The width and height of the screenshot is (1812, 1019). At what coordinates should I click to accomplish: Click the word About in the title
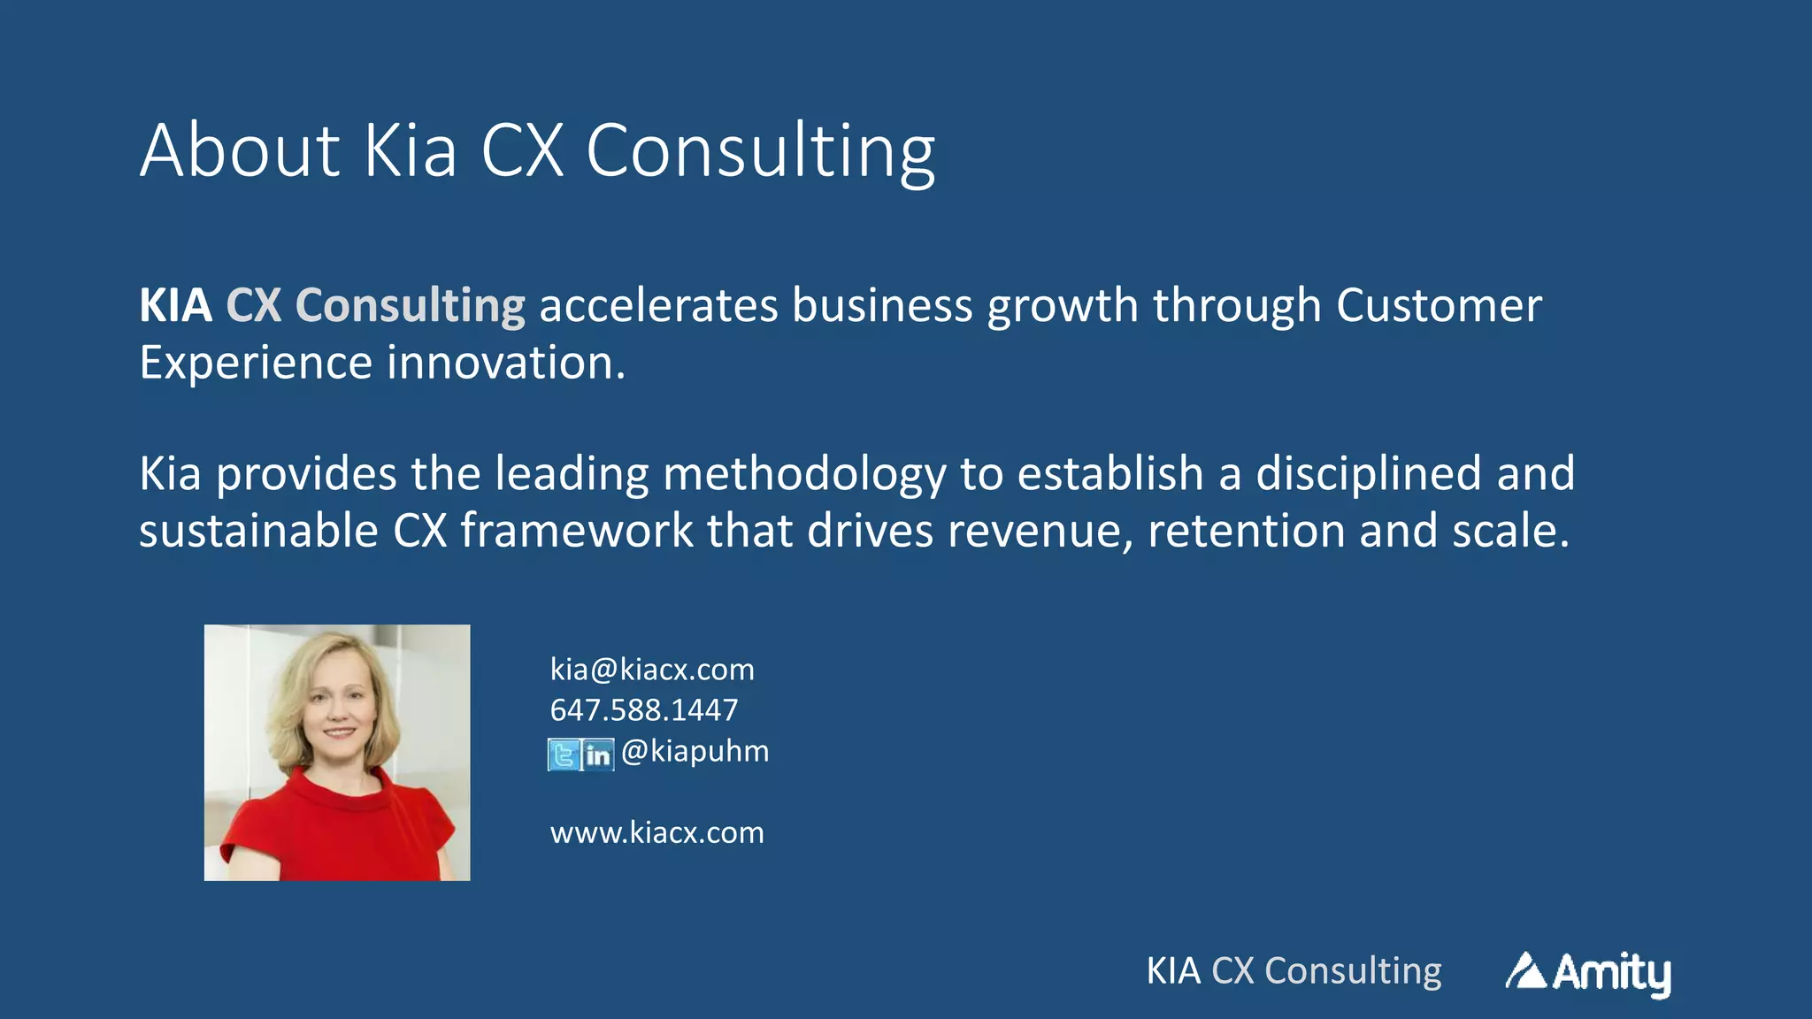[240, 150]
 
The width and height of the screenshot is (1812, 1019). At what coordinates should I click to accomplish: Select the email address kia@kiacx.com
[652, 670]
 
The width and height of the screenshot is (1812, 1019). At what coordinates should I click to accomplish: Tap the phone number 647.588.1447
[643, 710]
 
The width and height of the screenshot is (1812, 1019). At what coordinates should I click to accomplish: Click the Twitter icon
[564, 755]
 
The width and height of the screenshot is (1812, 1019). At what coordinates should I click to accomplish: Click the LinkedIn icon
[598, 755]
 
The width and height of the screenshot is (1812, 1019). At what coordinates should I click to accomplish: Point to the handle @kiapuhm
[695, 751]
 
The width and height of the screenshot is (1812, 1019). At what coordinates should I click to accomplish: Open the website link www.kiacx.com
[656, 832]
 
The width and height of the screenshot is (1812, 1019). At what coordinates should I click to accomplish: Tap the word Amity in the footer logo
[1612, 973]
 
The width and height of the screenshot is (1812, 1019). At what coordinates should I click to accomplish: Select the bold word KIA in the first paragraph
[175, 306]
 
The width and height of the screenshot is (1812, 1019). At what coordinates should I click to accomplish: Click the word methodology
[804, 475]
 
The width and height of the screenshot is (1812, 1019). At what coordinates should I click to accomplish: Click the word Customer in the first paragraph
[1439, 306]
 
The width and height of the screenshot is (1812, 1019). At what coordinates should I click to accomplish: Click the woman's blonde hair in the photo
[293, 699]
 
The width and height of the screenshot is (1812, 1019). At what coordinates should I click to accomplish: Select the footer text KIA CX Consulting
[1294, 971]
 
